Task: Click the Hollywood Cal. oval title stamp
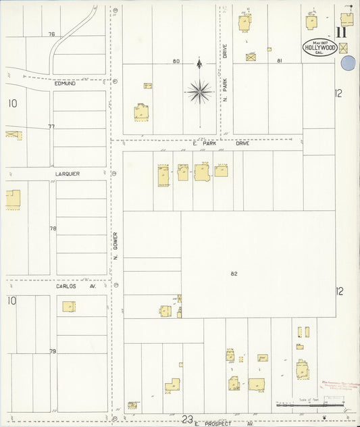click(320, 48)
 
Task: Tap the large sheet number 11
click(342, 32)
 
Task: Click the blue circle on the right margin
click(349, 64)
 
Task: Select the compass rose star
click(199, 91)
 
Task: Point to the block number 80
click(176, 61)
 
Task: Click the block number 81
click(279, 61)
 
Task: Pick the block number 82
click(234, 274)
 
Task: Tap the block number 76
click(51, 34)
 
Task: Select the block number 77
click(51, 126)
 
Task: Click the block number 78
click(53, 228)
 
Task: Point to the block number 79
click(53, 351)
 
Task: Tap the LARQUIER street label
click(68, 174)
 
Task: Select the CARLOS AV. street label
click(76, 286)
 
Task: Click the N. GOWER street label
click(115, 247)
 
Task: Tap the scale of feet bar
click(310, 405)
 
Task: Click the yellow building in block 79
click(69, 307)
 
